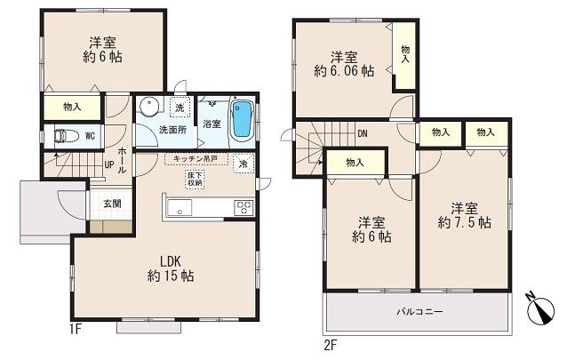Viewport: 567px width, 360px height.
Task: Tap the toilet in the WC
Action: [63, 137]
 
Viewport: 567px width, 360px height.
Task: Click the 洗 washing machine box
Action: [180, 108]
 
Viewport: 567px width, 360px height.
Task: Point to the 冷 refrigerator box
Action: [242, 164]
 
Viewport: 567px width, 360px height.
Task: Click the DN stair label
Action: [363, 135]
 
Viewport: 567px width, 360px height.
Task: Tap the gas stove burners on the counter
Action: [243, 208]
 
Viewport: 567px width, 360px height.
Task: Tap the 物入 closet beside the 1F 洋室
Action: [72, 107]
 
